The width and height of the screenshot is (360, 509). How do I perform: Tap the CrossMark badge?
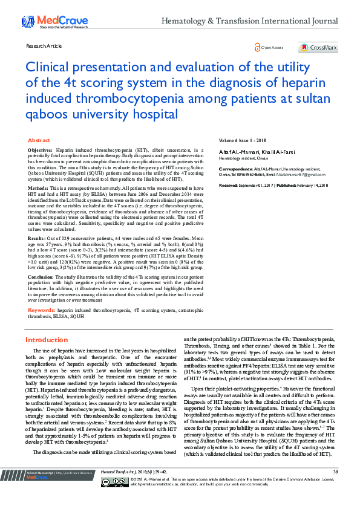(318, 48)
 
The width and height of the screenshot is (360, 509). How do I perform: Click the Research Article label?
(44, 45)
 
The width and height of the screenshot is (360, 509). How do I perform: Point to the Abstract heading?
(39, 140)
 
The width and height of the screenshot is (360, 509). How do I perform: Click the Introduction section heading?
(51, 340)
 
